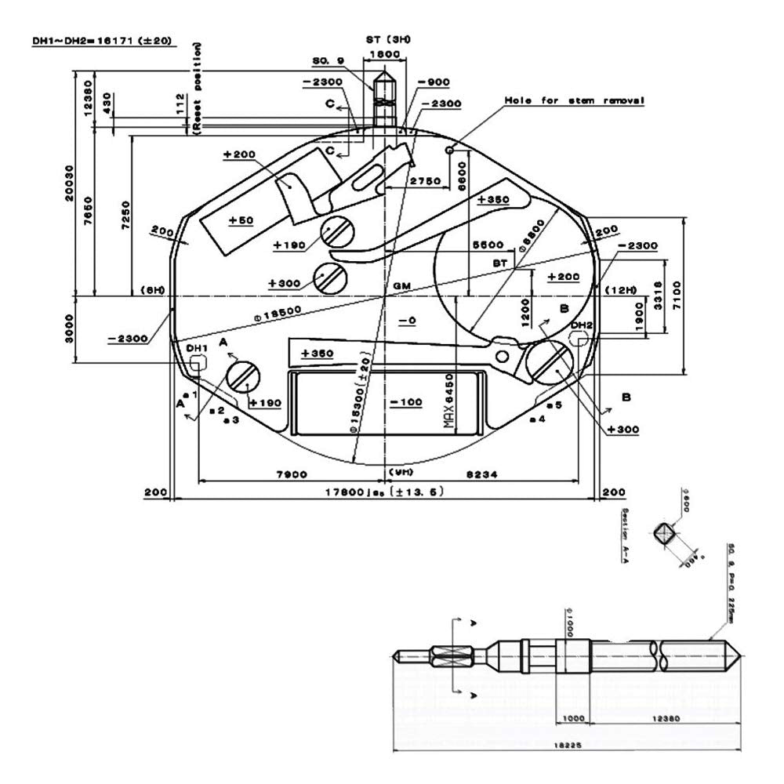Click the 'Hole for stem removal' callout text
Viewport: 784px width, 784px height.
575,101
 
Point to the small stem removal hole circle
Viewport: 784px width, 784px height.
449,150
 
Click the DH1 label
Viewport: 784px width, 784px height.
195,347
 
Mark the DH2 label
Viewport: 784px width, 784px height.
580,325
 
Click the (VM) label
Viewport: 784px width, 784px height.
401,473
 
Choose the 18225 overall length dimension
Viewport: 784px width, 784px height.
573,746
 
